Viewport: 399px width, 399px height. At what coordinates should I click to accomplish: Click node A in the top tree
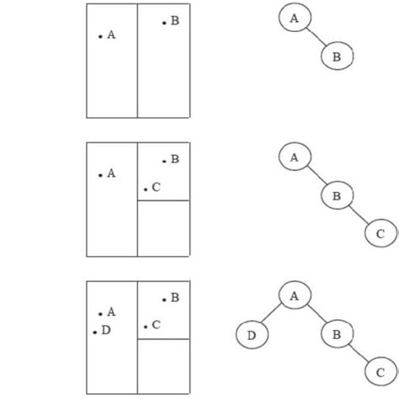(293, 17)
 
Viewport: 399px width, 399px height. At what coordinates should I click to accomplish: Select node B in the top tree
(337, 56)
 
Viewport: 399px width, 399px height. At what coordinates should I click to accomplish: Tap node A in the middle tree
(294, 157)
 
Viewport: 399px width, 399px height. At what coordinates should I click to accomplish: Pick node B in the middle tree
(337, 196)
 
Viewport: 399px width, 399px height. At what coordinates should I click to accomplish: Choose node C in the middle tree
(380, 234)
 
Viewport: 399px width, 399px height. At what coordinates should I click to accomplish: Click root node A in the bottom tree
(294, 295)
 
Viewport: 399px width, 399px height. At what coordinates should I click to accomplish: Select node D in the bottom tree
(250, 334)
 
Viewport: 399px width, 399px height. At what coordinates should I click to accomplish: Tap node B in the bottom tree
(337, 334)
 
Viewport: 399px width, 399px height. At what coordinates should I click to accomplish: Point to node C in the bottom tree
(380, 371)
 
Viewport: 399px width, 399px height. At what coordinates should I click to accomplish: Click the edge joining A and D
(272, 315)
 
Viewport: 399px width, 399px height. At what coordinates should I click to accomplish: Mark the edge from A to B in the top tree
(315, 37)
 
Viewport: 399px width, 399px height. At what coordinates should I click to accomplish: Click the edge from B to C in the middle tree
(359, 215)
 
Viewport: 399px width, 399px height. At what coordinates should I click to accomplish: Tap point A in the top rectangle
(101, 36)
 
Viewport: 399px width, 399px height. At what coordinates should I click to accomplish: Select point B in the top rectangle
(163, 24)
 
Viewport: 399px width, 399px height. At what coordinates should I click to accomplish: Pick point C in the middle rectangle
(146, 189)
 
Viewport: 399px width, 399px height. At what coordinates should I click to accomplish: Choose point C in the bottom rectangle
(146, 327)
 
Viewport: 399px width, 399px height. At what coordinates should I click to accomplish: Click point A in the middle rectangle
(101, 175)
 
